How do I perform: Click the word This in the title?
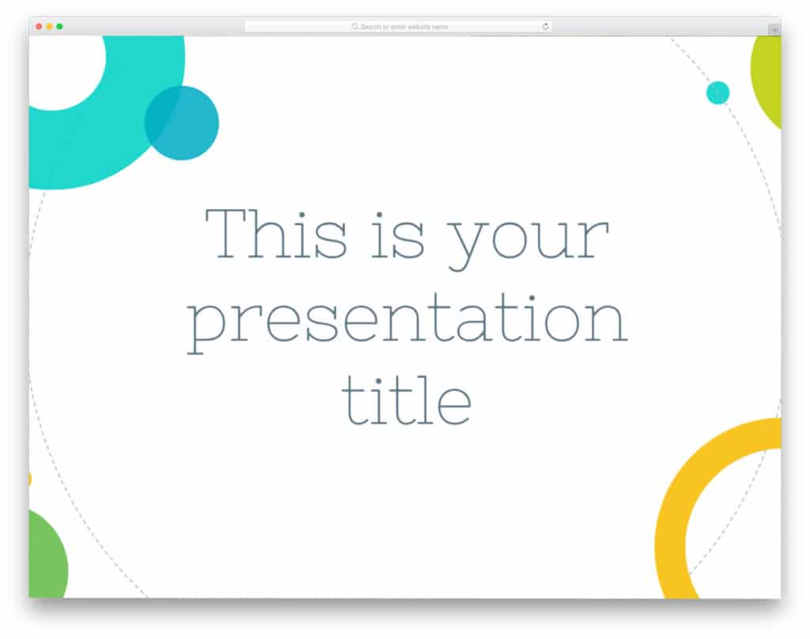[275, 234]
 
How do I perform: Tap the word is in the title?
[399, 234]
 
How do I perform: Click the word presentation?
[407, 321]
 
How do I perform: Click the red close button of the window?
[39, 27]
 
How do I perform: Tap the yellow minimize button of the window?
[49, 27]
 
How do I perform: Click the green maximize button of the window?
[59, 27]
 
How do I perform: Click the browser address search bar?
[399, 27]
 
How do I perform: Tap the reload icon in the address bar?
[545, 27]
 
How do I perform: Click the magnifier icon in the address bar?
[355, 27]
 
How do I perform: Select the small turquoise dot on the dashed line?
[717, 93]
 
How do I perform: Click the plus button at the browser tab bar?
[774, 29]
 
